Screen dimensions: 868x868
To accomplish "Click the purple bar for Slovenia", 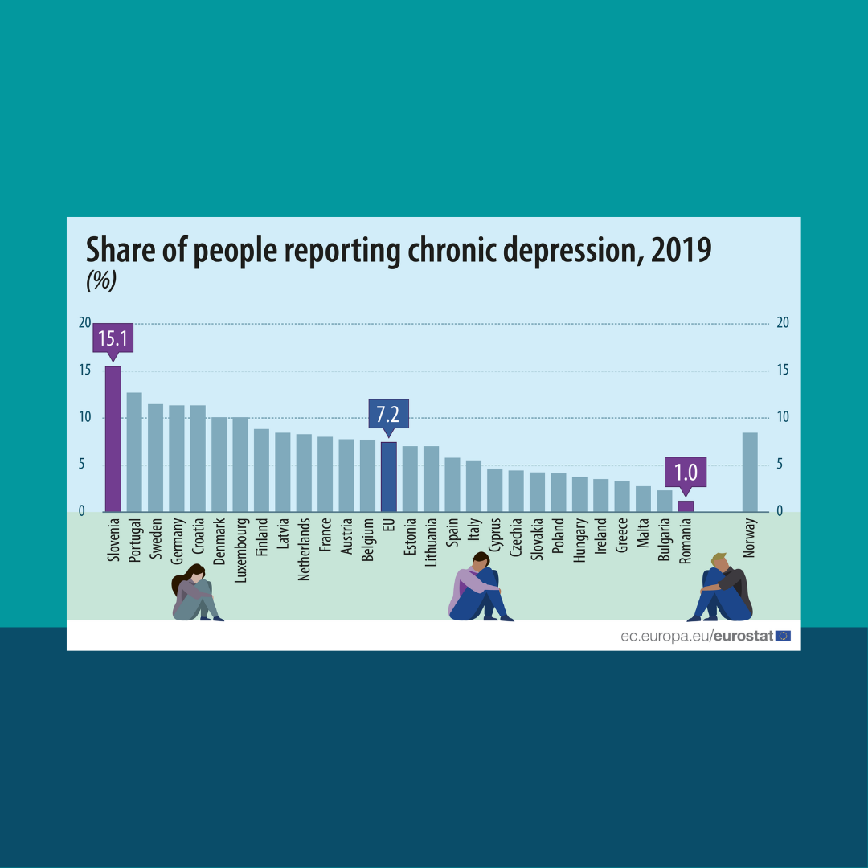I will [113, 439].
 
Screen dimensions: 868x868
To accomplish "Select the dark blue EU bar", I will [388, 477].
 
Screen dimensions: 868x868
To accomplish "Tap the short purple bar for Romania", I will [685, 506].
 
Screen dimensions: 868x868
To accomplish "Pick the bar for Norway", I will [749, 472].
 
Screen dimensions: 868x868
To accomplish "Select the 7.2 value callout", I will [388, 415].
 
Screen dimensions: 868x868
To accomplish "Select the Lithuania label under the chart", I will [432, 542].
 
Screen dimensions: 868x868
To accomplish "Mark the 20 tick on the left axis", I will [84, 323].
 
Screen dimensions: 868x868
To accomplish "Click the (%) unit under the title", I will [101, 280].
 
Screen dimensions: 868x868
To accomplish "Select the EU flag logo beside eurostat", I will [783, 636].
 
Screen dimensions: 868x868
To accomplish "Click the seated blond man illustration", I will [721, 588].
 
